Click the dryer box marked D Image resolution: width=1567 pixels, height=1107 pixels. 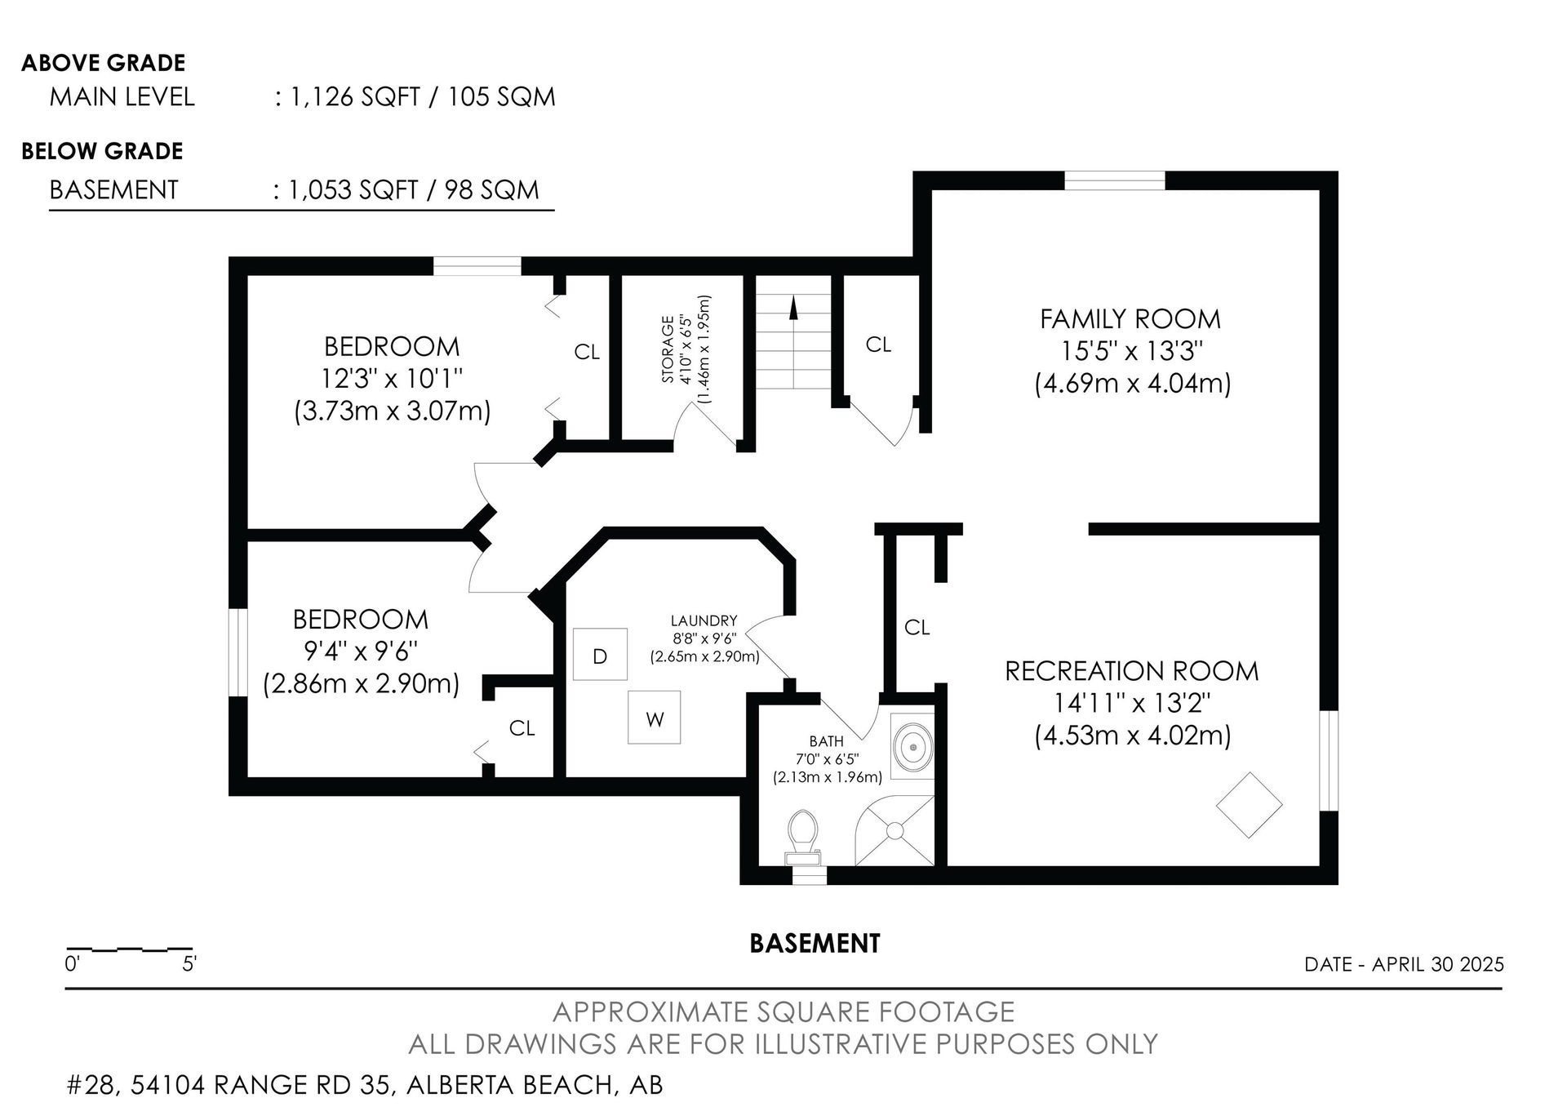click(x=600, y=654)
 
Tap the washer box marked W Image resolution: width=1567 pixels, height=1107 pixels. click(x=655, y=718)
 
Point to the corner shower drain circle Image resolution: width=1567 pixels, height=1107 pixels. click(x=894, y=830)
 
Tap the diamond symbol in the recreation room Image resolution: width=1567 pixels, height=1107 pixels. click(x=1249, y=804)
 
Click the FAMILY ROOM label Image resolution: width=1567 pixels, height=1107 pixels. click(x=1130, y=318)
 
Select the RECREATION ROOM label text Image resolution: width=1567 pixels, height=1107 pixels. click(x=1132, y=671)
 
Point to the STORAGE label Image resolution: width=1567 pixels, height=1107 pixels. click(x=668, y=349)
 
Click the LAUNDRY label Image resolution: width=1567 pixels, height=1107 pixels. click(x=704, y=620)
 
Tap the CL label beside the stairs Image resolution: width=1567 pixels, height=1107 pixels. click(x=878, y=345)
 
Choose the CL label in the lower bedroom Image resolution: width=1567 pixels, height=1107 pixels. click(x=522, y=727)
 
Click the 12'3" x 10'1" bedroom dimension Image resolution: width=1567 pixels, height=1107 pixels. click(x=392, y=379)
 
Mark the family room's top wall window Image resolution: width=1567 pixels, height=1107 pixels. click(x=1115, y=180)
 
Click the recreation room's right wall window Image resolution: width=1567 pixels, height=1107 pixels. click(x=1330, y=760)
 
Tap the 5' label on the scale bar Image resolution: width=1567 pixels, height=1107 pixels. click(x=189, y=964)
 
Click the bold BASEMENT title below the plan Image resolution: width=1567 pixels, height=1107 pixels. click(x=815, y=944)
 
